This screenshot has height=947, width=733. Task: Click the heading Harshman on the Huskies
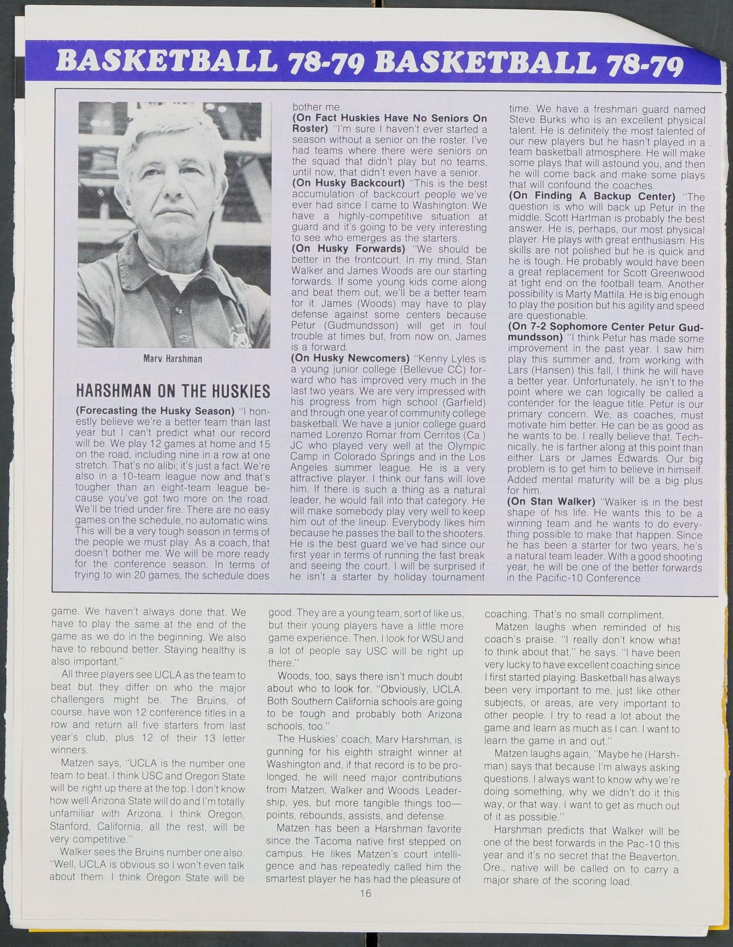click(173, 392)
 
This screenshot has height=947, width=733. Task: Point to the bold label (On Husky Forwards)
click(348, 249)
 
